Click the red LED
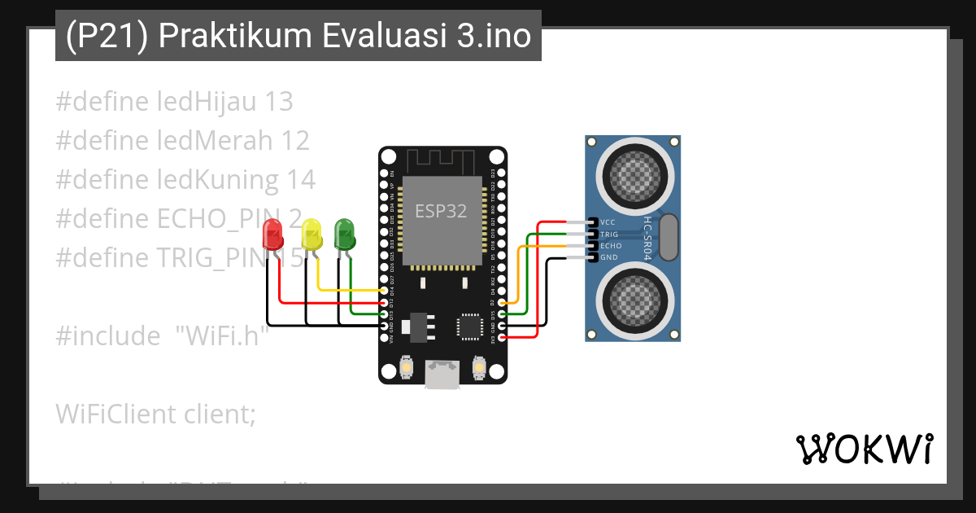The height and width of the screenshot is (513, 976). [x=272, y=237]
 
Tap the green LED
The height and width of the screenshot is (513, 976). [x=345, y=233]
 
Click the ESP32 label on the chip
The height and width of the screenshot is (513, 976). [x=441, y=211]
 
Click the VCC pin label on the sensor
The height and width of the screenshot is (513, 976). [x=608, y=222]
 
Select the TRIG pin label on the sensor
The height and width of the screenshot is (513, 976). [x=609, y=234]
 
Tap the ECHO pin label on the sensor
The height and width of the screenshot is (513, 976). [x=610, y=245]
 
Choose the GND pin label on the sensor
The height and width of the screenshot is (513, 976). [x=608, y=257]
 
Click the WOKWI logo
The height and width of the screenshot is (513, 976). [x=864, y=449]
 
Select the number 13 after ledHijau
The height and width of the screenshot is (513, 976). [x=279, y=103]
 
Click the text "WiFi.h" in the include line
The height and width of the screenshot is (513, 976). [x=222, y=335]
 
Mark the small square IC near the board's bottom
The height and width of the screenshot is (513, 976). [x=469, y=327]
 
